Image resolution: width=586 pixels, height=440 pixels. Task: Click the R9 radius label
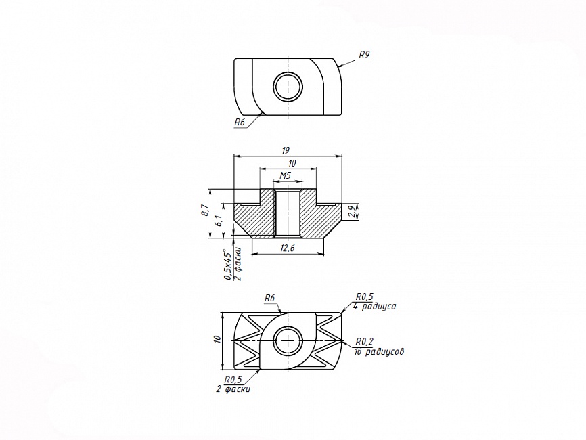[364, 55]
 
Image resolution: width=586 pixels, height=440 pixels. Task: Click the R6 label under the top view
[239, 123]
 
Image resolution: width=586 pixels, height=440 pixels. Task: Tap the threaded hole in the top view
[288, 87]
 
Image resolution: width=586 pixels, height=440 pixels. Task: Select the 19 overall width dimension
[286, 151]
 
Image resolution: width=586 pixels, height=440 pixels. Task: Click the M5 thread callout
[286, 176]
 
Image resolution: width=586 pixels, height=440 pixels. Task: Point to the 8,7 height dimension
[204, 210]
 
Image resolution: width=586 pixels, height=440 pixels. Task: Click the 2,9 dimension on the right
[351, 212]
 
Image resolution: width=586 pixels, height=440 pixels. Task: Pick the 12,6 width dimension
[288, 248]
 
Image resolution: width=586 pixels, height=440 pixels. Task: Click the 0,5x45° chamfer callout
[227, 264]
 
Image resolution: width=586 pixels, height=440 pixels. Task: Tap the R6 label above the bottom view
[269, 298]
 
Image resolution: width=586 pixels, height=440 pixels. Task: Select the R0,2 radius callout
[364, 341]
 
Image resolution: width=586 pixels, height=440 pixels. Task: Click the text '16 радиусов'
[379, 352]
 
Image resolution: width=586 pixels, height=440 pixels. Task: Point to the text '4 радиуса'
[374, 306]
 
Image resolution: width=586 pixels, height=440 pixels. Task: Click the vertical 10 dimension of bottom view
[217, 340]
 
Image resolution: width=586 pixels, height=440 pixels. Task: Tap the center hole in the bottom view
[288, 340]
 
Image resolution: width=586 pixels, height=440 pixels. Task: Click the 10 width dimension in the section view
[292, 163]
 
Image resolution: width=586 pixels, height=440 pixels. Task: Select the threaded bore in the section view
[288, 213]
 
